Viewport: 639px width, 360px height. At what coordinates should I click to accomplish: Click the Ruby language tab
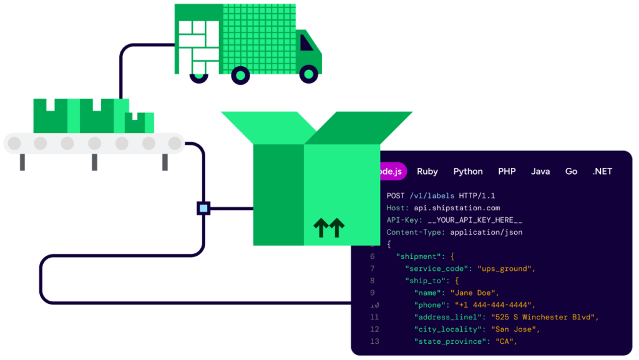[427, 172]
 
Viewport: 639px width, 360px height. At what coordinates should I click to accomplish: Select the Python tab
[468, 172]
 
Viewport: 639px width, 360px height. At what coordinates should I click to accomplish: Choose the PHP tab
[507, 172]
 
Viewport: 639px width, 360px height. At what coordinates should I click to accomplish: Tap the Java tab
[540, 172]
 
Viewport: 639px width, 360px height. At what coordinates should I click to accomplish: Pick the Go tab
[571, 172]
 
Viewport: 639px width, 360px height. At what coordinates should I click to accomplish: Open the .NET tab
[602, 172]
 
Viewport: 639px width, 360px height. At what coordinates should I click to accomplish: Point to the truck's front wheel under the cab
[308, 75]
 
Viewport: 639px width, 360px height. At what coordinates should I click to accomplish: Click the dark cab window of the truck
[306, 42]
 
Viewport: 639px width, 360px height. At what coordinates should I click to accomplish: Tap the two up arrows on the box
[329, 228]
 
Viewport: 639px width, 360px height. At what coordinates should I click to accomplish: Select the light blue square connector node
[203, 208]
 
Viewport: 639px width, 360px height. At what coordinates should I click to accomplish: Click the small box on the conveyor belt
[139, 122]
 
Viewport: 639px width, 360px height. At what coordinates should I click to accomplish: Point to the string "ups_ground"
[506, 268]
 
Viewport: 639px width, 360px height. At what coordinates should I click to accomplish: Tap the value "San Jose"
[515, 329]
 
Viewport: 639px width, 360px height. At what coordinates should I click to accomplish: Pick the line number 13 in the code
[374, 341]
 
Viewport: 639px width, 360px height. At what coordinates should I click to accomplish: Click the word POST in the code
[396, 196]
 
